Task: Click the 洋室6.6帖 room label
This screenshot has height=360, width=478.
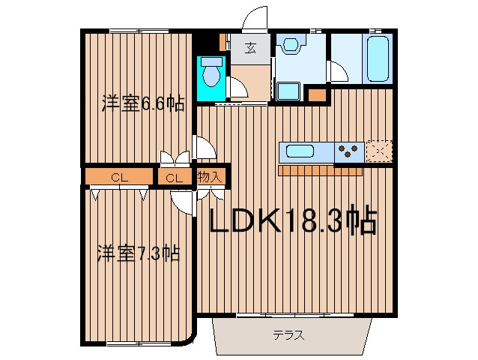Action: point(143,103)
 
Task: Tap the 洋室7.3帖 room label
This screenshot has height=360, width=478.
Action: point(139,253)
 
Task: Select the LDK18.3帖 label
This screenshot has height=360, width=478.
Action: point(293,219)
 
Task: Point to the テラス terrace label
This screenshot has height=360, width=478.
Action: point(288,335)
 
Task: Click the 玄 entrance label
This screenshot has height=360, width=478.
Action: point(250,48)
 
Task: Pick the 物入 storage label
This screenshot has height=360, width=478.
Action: point(210,177)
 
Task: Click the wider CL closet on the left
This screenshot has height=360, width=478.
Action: point(119,177)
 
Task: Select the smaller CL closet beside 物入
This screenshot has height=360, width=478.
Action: point(175,177)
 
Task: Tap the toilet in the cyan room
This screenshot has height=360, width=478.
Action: point(211,72)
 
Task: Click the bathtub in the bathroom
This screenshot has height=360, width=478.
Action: point(378,58)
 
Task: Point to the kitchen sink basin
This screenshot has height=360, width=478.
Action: point(300,151)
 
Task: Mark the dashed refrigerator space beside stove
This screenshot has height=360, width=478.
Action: point(379,151)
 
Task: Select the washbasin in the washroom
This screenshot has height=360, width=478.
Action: point(291,44)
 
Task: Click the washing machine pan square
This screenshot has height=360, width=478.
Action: point(288,91)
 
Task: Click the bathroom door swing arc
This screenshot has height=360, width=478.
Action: point(337,71)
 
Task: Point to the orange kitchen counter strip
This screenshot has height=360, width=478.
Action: point(320,170)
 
